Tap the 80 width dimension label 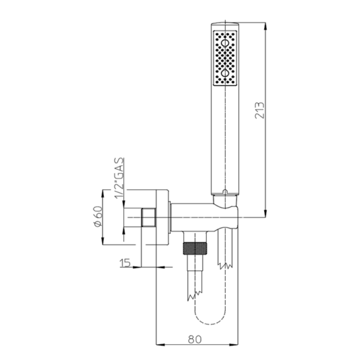194,339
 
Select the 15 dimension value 125,262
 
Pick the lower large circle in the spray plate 225,74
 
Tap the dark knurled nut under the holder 194,248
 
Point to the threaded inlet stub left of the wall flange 148,217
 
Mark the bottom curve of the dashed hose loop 210,322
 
